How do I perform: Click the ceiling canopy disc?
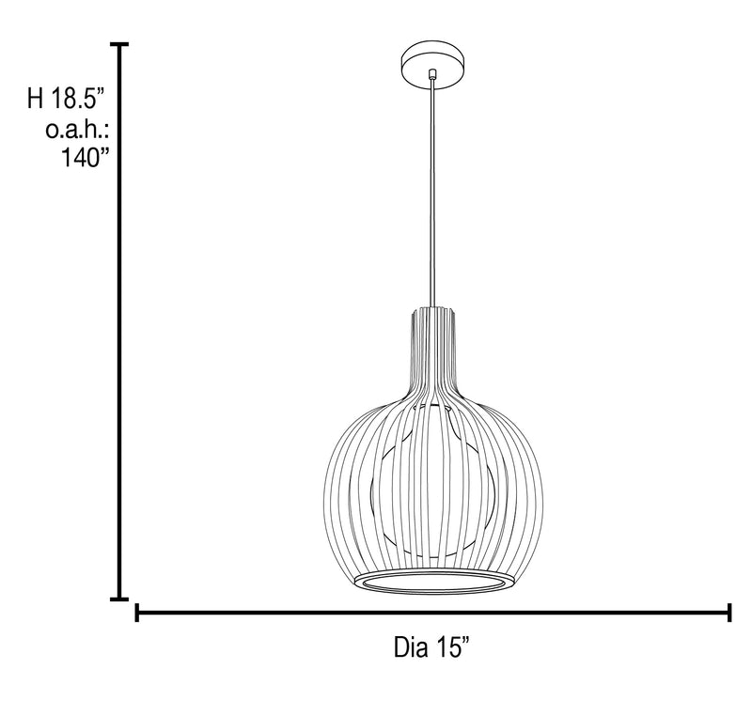[432, 65]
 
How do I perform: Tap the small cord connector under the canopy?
[432, 73]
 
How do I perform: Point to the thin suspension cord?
[433, 193]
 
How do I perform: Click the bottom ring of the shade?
[434, 582]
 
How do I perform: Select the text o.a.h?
[77, 129]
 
